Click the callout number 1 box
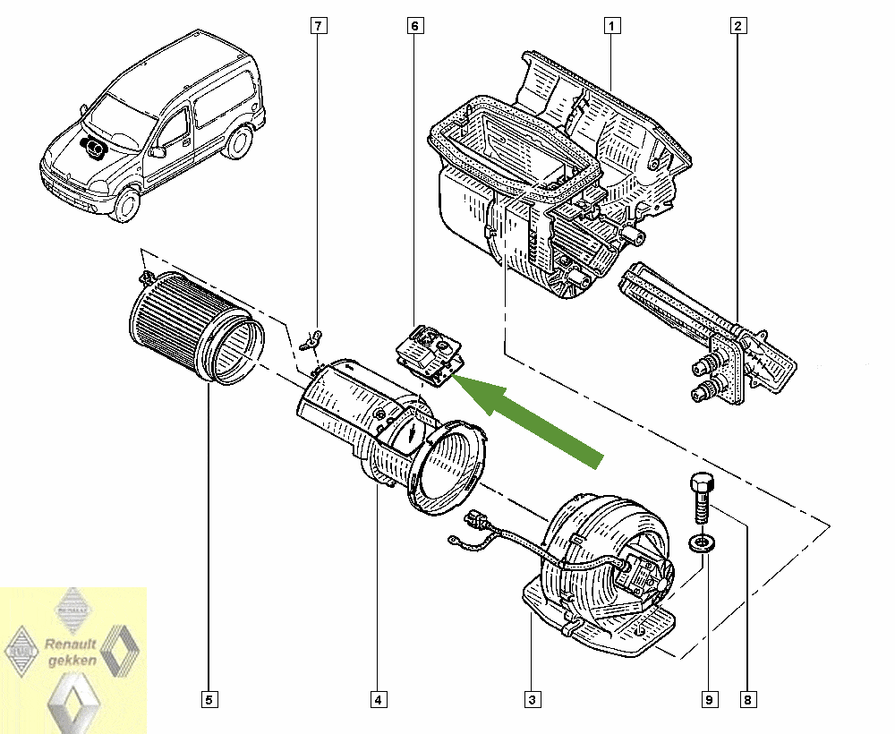pos(611,26)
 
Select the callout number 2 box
pos(738,26)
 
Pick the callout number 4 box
pos(379,698)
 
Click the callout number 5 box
pos(209,698)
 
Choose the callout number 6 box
pos(414,26)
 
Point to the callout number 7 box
pos(317,26)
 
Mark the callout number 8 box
pos(746,698)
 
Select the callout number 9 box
pos(707,698)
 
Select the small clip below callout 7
pos(311,338)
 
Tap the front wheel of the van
pos(124,204)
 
